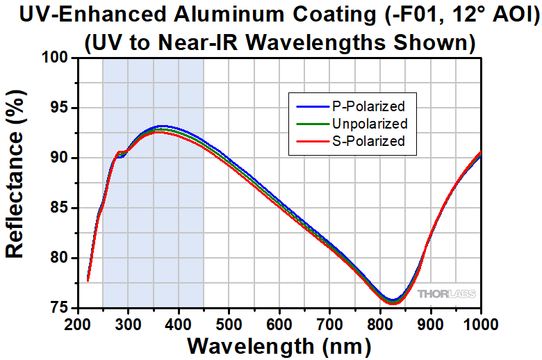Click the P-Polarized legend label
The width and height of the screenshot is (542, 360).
tap(368, 106)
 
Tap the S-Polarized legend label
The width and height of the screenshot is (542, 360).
tap(368, 141)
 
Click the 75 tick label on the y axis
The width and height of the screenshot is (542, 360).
tap(60, 308)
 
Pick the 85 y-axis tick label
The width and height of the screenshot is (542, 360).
tap(60, 208)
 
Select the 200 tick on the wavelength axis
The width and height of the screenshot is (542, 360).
tap(77, 324)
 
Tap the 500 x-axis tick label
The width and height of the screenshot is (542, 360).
tap(229, 324)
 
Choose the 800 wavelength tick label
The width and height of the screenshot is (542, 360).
tap(380, 324)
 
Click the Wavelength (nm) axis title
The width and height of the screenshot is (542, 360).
tap(279, 345)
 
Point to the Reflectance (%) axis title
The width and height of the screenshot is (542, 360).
tap(15, 183)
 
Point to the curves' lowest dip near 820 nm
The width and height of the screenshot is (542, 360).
tap(391, 302)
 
